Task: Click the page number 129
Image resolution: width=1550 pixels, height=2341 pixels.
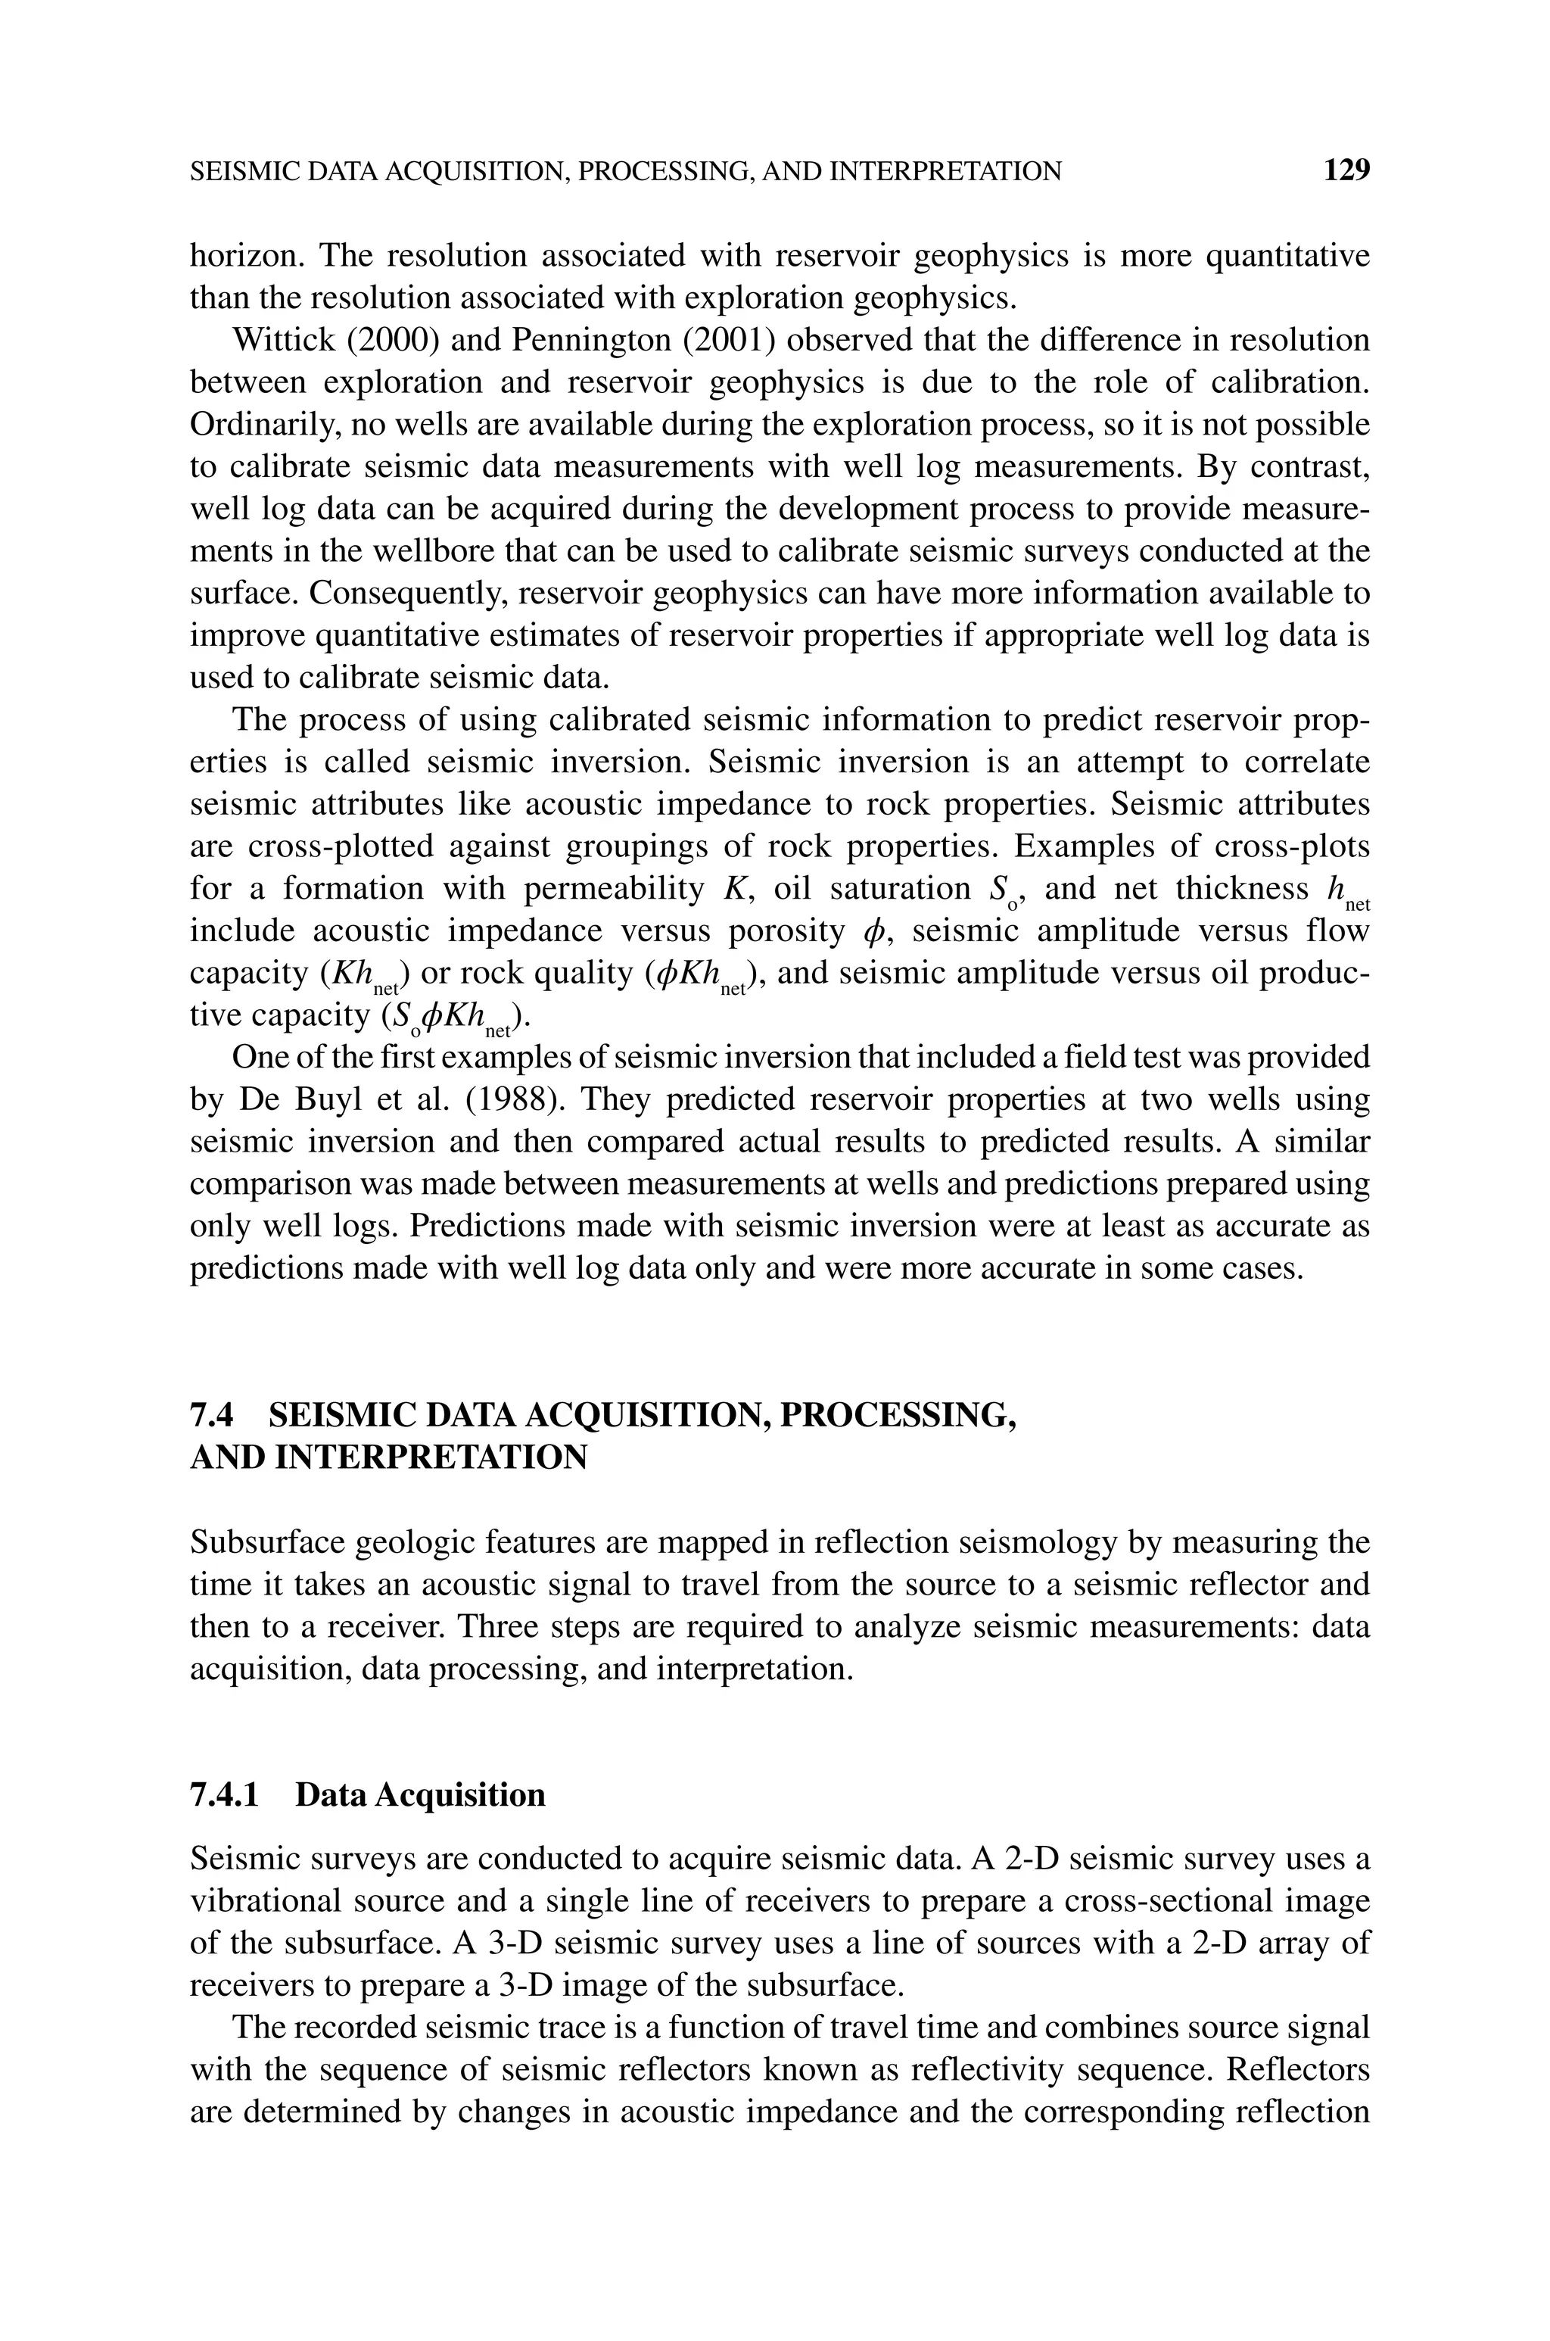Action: coord(1346,171)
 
